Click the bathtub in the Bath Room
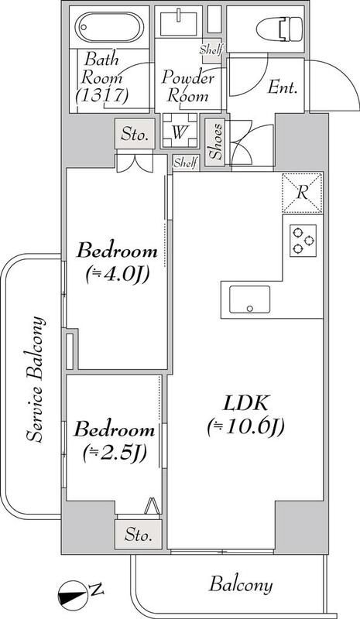pyautogui.click(x=106, y=29)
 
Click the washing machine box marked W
pyautogui.click(x=178, y=131)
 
